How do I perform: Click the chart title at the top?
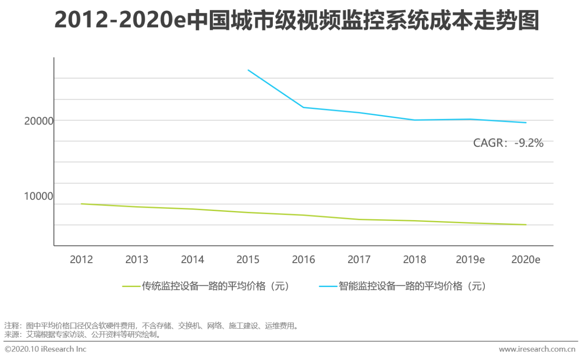tap(297, 21)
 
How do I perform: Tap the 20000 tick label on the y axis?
tap(39, 121)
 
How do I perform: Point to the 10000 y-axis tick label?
tap(39, 196)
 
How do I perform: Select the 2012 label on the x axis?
tap(81, 259)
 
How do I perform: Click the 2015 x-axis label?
tap(248, 259)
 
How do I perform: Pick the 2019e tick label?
tap(470, 259)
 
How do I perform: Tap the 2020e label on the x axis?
tap(526, 259)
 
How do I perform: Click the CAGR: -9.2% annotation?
tap(508, 143)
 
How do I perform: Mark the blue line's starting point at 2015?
tap(248, 70)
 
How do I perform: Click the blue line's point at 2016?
tap(304, 107)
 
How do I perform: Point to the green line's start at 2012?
tap(82, 204)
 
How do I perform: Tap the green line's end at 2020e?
tap(526, 225)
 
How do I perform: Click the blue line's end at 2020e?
tap(526, 123)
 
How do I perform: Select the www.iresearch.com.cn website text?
tap(537, 349)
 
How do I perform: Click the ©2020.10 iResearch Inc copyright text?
tap(45, 349)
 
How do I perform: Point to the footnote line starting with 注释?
tap(151, 326)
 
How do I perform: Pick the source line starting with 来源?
tap(82, 335)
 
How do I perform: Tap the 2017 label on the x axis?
tap(359, 259)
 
